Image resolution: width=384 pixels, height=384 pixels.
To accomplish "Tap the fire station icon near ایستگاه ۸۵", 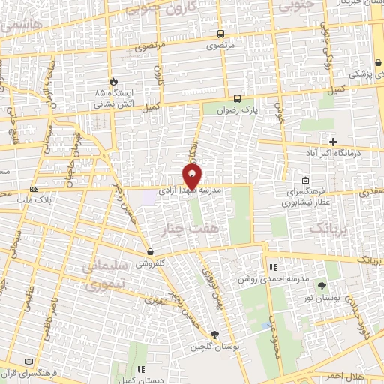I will coord(113,81).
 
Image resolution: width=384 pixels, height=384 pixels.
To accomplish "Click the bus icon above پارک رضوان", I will coord(237,98).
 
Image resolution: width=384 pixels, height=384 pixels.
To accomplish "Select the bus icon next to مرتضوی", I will coord(220,34).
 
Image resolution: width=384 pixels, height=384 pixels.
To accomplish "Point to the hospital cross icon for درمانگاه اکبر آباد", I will coord(334,142).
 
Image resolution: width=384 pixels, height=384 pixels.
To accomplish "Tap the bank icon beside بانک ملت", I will coord(33,190).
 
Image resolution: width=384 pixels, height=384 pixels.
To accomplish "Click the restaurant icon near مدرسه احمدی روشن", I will coord(273,267).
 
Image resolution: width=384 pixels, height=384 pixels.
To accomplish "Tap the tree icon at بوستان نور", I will coord(322,285).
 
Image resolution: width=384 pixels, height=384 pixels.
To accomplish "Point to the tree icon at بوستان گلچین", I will coord(215,334).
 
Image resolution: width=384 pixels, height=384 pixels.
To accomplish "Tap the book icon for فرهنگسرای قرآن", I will coord(29,361).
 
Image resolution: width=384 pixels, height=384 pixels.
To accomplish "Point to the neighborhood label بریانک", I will coord(331,226).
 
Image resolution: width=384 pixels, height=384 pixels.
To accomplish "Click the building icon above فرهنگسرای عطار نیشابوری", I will coord(305,181).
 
